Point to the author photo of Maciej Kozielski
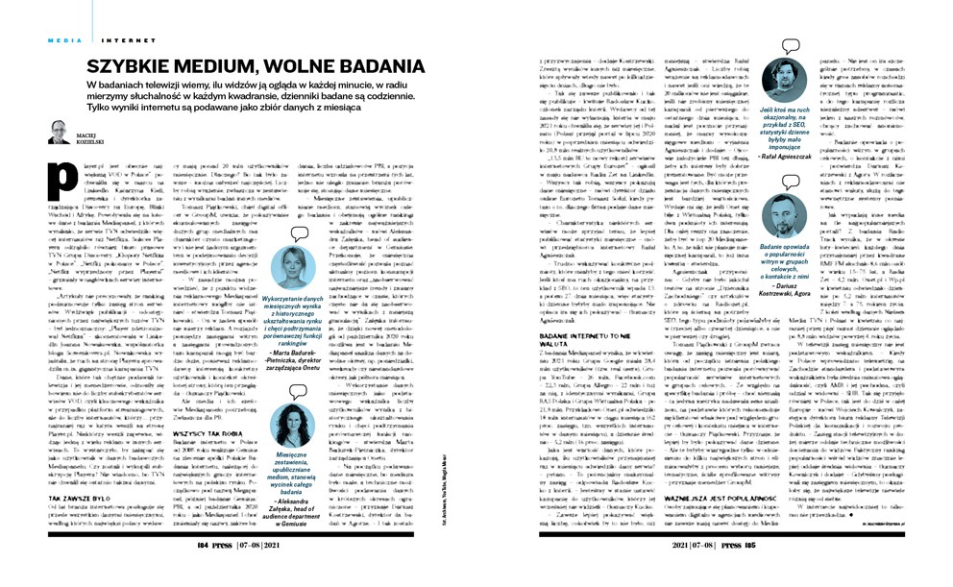(x=58, y=132)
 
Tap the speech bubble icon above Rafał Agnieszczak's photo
(x=791, y=46)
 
